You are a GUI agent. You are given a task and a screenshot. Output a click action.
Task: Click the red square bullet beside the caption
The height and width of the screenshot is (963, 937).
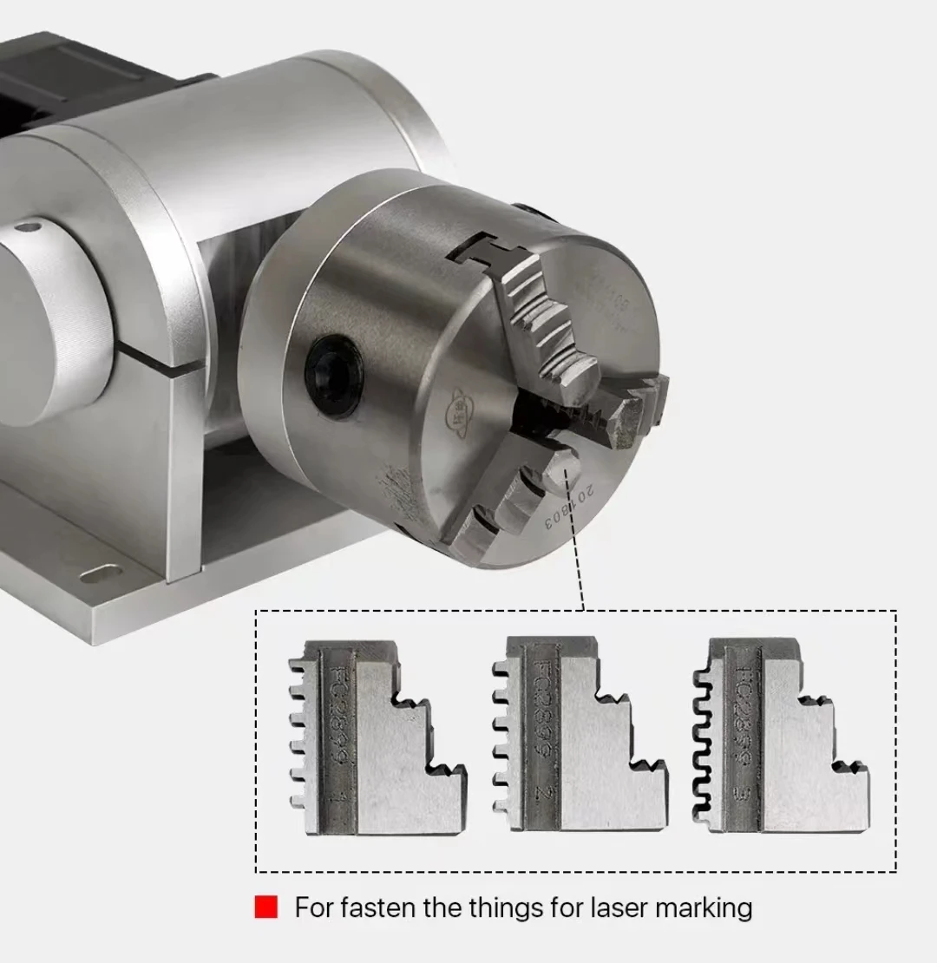(266, 907)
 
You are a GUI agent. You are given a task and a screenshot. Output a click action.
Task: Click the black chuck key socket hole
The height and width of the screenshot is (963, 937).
(333, 375)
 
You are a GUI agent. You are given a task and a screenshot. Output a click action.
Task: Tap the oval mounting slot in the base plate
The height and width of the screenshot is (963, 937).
(101, 573)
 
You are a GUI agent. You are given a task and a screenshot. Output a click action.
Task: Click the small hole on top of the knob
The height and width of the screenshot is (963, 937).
(28, 228)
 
